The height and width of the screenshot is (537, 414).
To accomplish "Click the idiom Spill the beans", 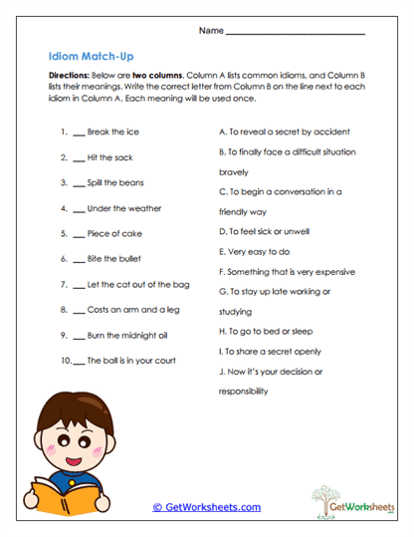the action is [115, 182].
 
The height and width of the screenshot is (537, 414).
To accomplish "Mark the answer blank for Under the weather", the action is [79, 209].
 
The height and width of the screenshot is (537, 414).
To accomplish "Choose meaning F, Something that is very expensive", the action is [288, 270].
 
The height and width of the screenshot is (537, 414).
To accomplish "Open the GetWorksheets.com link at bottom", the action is [206, 507].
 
